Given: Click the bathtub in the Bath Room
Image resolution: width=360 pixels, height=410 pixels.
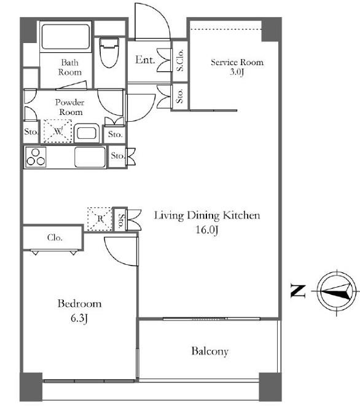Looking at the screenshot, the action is pyautogui.click(x=66, y=37).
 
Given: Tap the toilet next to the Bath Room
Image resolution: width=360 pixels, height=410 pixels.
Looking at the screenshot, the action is pyautogui.click(x=109, y=53).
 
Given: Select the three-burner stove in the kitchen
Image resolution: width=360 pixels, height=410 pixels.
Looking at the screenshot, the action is pyautogui.click(x=36, y=157).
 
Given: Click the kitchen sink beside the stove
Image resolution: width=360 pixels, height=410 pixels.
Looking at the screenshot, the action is pyautogui.click(x=90, y=157).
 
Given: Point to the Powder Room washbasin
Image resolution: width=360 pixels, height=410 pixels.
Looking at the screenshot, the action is pyautogui.click(x=87, y=133).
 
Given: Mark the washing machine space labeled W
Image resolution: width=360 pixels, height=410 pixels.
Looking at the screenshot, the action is pyautogui.click(x=58, y=131).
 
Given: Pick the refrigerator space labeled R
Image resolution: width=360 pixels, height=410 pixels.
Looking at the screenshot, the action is pyautogui.click(x=100, y=219).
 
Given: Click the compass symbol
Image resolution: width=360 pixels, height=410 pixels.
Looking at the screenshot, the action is pyautogui.click(x=337, y=292).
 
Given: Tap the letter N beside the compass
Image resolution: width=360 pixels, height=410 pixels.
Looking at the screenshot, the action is pyautogui.click(x=298, y=291).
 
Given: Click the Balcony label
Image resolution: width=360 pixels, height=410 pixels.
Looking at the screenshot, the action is pyautogui.click(x=209, y=351).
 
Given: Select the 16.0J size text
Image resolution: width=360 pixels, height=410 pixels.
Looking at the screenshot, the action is pyautogui.click(x=207, y=230).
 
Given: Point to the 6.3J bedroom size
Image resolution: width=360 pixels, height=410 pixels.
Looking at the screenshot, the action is pyautogui.click(x=79, y=318).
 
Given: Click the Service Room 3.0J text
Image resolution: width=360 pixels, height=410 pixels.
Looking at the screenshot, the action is pyautogui.click(x=237, y=66).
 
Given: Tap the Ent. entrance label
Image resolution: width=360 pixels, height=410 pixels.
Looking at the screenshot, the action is pyautogui.click(x=145, y=60).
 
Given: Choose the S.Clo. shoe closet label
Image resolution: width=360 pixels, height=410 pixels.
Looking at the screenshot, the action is pyautogui.click(x=180, y=61).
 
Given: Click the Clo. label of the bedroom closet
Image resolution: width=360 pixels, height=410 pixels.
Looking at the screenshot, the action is pyautogui.click(x=55, y=237).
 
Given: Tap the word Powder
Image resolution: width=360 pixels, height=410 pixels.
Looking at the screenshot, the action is pyautogui.click(x=69, y=102).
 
